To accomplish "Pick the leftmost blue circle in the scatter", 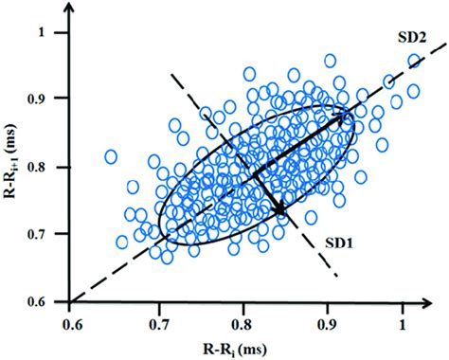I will click(x=111, y=156).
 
